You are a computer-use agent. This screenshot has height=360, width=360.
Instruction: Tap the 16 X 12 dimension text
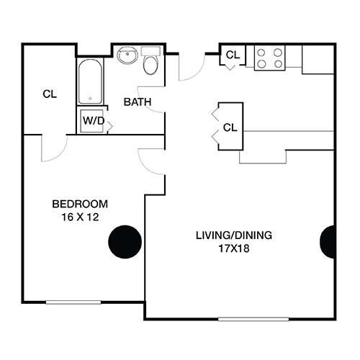coord(79,215)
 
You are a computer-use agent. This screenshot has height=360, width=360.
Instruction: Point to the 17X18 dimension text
coord(228,248)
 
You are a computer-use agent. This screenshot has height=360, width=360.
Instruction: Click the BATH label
coord(138,102)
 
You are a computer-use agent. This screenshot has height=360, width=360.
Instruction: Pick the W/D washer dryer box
coord(92,120)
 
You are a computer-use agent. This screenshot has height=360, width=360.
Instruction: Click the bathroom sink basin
coord(128,55)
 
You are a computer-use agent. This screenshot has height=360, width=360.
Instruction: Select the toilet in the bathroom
coord(151,63)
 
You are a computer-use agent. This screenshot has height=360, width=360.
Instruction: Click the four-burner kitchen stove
coord(269,58)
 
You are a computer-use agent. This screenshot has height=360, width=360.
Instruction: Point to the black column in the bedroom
coord(125,242)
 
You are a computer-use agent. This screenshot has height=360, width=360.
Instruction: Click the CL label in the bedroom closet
coord(49,94)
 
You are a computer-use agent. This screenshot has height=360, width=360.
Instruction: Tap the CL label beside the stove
coord(233,55)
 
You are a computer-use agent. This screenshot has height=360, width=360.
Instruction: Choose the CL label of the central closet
coord(230,128)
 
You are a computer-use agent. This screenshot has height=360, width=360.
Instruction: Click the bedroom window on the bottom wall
coord(73,302)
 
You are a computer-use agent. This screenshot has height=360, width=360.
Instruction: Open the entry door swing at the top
coord(191,67)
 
